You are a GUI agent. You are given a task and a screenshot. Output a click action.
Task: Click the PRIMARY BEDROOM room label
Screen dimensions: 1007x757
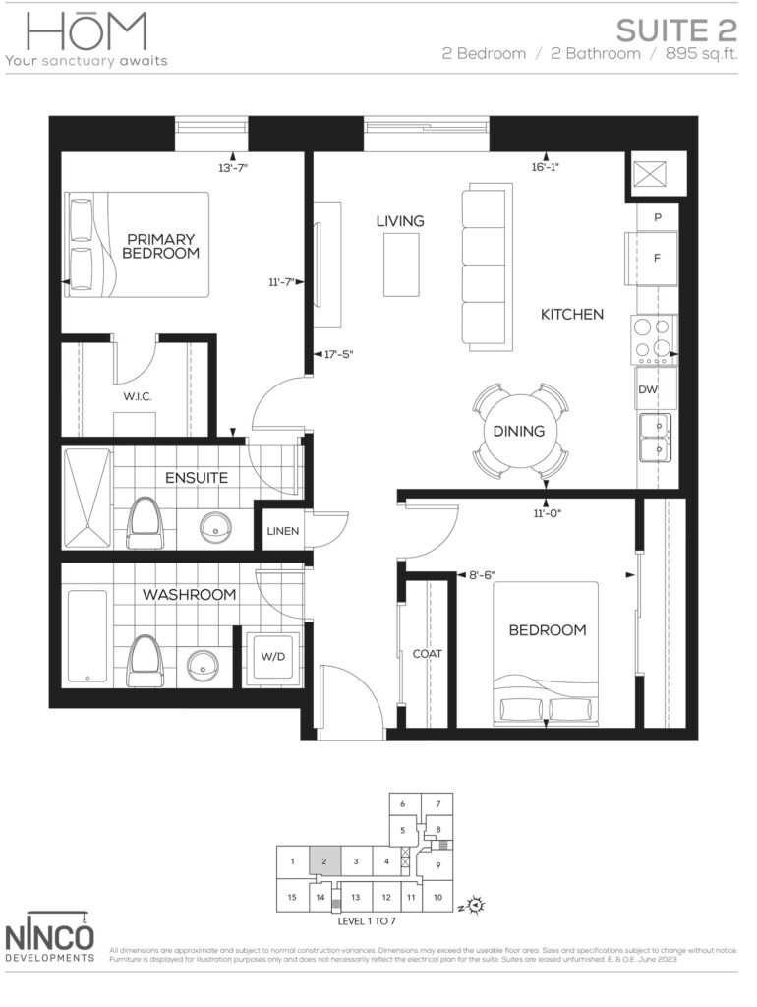[x=160, y=246]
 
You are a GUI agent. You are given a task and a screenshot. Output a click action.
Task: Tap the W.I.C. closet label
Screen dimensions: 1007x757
[x=136, y=396]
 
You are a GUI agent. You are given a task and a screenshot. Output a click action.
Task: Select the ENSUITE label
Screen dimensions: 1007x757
[x=197, y=478]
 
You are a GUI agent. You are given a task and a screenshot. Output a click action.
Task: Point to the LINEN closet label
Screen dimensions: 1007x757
[x=283, y=532]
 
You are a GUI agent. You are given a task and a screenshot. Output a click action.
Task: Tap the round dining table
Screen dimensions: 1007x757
[x=520, y=431]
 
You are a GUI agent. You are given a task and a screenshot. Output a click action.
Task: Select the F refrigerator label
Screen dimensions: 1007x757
[x=657, y=258]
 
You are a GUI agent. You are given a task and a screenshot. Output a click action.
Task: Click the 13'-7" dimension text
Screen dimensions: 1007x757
[x=232, y=167]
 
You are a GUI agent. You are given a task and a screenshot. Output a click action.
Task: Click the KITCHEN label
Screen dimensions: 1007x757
[x=571, y=315]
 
